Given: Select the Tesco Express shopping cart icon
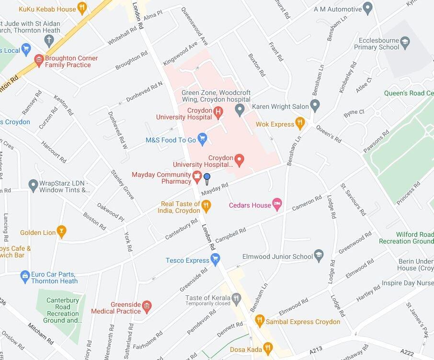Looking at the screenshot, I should click(215, 260).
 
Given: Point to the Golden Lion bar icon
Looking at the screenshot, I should click(61, 232).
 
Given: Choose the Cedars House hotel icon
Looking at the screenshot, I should click(277, 205).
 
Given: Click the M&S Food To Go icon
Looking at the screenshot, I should click(202, 139).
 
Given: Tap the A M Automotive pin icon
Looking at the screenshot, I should click(368, 9).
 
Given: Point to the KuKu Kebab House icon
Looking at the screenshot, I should click(82, 9).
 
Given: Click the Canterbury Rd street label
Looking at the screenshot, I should click(181, 230).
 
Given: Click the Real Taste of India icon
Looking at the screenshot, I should click(206, 207).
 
